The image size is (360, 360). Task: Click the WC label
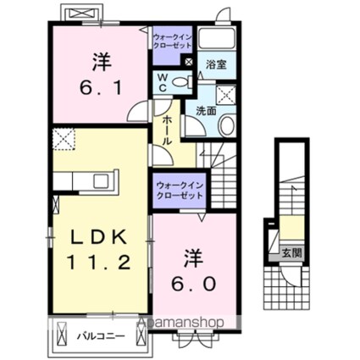pos(160,82)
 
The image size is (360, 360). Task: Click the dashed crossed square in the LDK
pos(64,139)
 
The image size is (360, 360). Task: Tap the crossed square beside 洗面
pos(226,95)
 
